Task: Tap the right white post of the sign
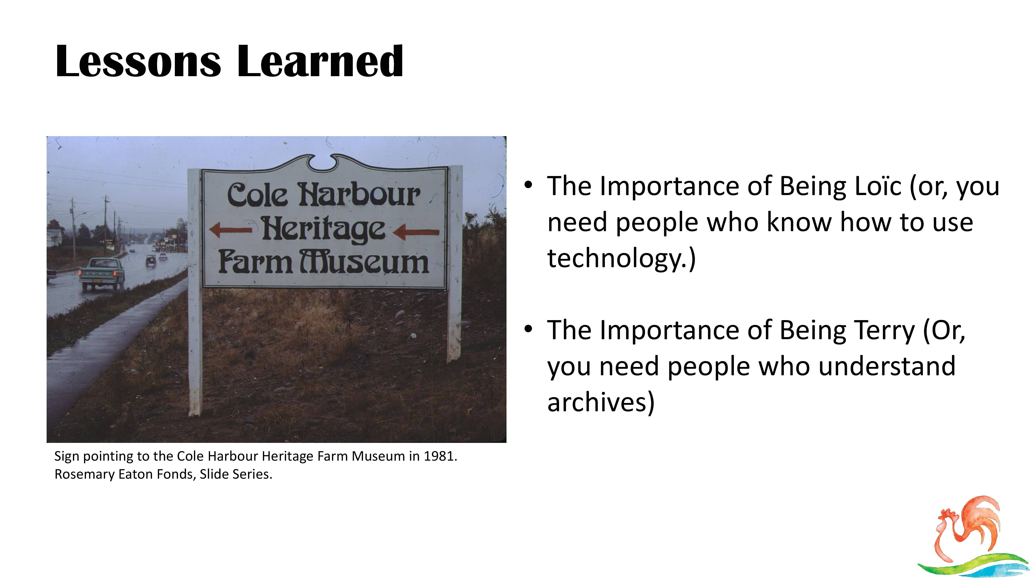pyautogui.click(x=455, y=264)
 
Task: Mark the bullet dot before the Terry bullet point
pyautogui.click(x=528, y=329)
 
